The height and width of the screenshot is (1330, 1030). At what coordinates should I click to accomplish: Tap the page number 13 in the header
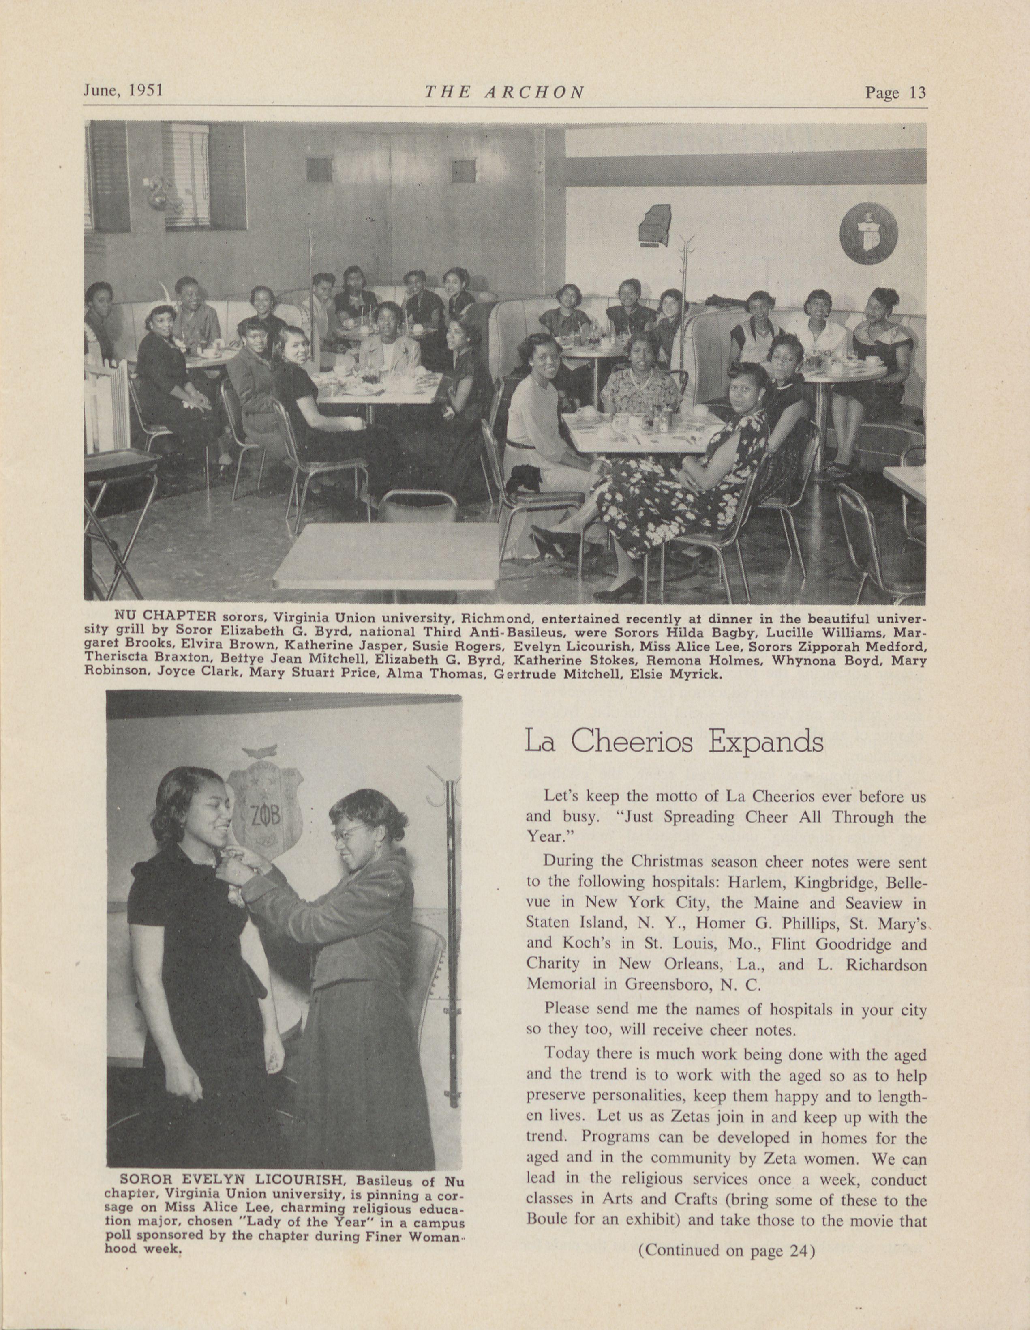pyautogui.click(x=895, y=92)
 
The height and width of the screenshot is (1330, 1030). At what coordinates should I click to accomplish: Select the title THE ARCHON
pyautogui.click(x=504, y=92)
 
